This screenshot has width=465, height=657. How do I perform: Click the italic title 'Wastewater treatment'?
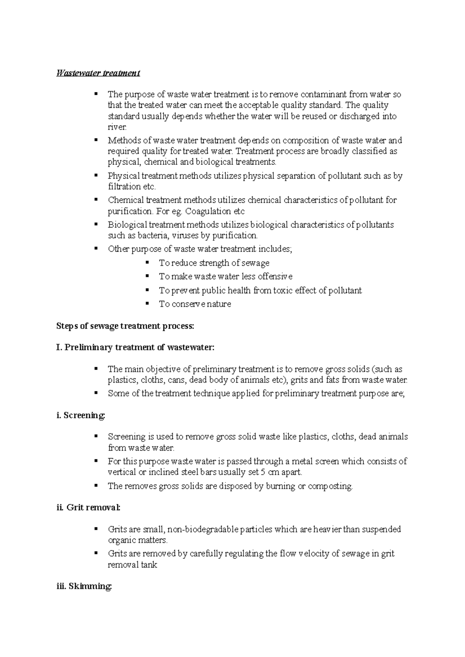coord(98,73)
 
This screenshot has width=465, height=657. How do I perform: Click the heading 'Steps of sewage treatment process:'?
coord(125,326)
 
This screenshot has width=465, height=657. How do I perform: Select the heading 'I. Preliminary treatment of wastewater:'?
coord(135,347)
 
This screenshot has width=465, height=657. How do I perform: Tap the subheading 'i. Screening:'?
coord(81,416)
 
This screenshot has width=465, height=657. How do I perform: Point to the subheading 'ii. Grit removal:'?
coord(88,507)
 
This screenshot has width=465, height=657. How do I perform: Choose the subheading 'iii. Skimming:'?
coord(84,587)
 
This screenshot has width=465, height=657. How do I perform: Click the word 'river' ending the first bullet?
coord(116,127)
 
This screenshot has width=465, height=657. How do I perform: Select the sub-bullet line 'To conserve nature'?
coord(195,304)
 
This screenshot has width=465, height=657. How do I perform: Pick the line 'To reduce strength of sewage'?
coord(214,263)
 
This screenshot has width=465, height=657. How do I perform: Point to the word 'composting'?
coord(330,486)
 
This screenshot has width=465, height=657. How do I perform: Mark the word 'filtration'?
coord(124,186)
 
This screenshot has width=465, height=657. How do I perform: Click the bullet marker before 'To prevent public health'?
coord(147,290)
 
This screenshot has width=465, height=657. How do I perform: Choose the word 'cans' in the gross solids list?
coord(176,380)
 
